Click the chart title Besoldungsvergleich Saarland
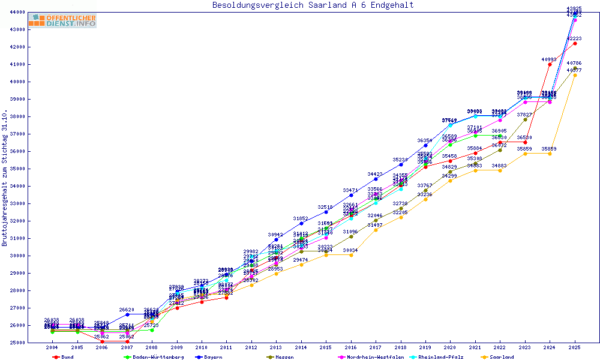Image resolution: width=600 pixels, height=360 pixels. click(x=313, y=5)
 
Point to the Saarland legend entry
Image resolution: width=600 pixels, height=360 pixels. click(x=502, y=357)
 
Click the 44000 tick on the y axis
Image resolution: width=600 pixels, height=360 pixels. click(x=16, y=12)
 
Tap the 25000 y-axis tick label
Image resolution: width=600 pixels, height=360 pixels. click(x=16, y=343)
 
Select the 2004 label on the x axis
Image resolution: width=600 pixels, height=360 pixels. click(x=53, y=347)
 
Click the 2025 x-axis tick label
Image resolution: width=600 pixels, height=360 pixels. click(x=575, y=347)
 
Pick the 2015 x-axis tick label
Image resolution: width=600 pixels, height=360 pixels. click(x=326, y=347)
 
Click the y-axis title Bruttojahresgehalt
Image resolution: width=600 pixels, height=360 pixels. click(x=5, y=178)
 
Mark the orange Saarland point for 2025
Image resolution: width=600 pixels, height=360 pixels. click(x=575, y=75)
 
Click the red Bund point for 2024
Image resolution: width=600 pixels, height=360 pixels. click(x=550, y=64)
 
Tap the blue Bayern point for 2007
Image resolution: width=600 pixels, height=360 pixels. click(x=127, y=314)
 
